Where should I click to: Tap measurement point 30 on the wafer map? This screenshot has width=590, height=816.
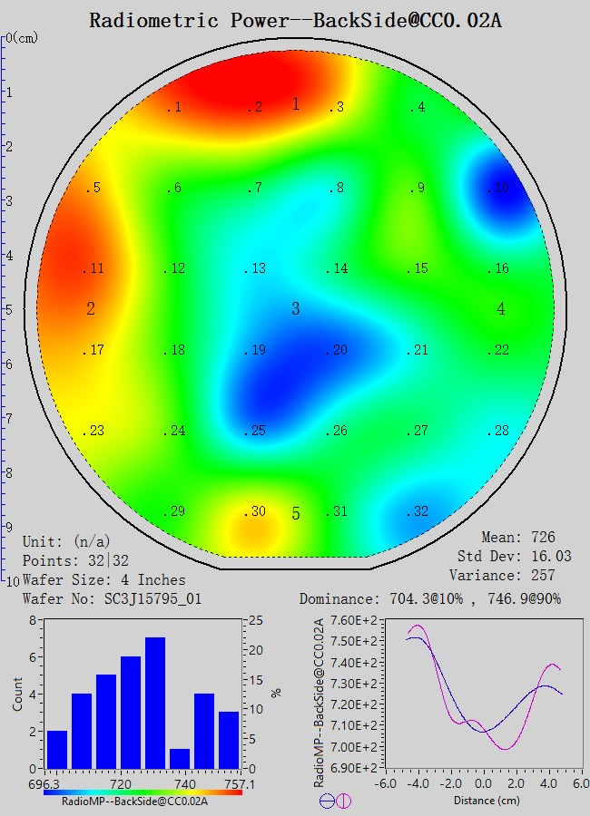(x=256, y=512)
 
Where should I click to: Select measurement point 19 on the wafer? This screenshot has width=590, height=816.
(x=256, y=351)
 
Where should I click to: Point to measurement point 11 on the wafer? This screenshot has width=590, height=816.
(x=94, y=269)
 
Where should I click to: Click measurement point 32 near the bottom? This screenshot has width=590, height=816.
(x=418, y=512)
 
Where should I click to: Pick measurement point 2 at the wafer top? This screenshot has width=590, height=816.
(x=256, y=108)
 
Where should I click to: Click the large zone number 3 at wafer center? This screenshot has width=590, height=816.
(x=295, y=309)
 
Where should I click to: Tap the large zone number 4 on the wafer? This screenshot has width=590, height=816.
(x=501, y=309)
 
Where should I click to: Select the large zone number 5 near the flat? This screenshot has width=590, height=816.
(x=295, y=514)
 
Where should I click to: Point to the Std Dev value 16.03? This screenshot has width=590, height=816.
(x=553, y=557)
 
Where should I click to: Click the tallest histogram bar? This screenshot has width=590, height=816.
(x=155, y=703)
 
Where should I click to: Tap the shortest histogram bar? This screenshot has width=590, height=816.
(x=180, y=758)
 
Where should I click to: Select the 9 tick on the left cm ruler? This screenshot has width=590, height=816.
(x=9, y=527)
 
